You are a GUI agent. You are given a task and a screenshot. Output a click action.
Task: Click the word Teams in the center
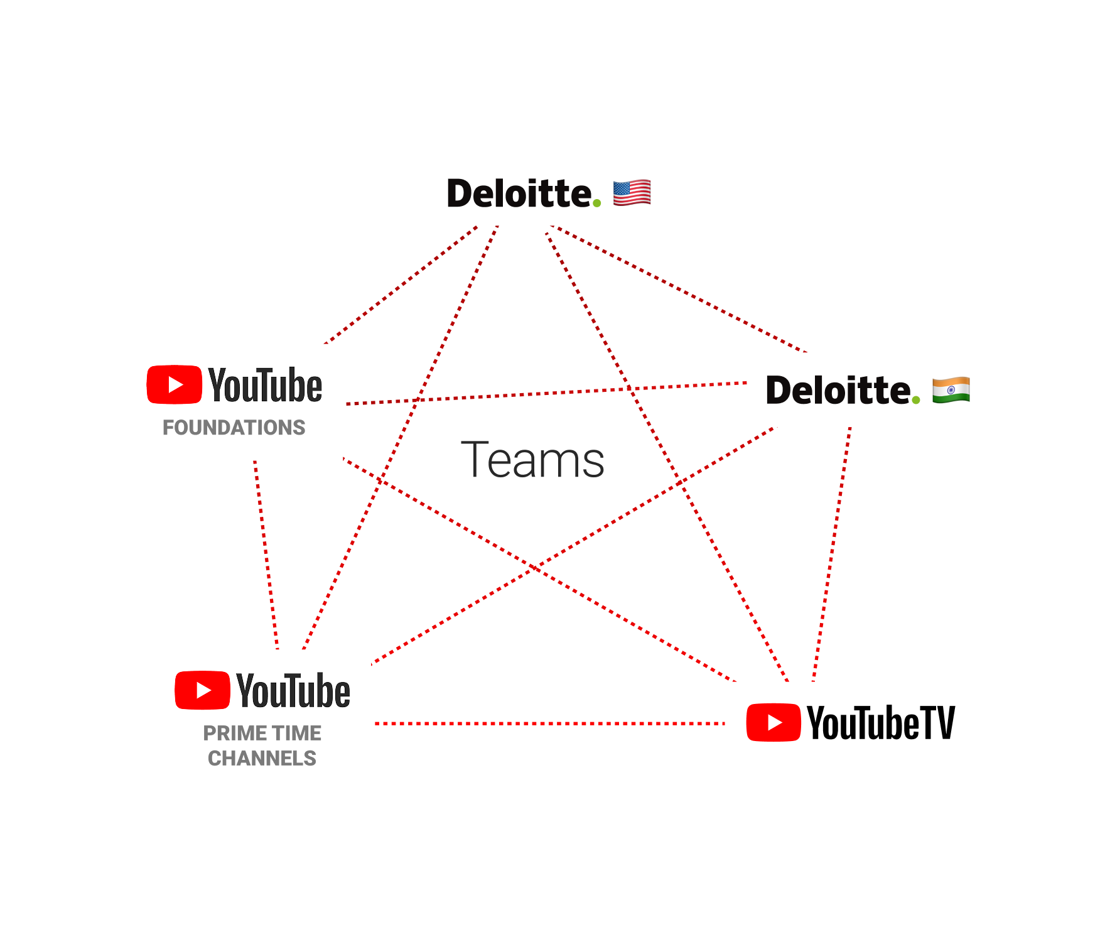pyautogui.click(x=532, y=460)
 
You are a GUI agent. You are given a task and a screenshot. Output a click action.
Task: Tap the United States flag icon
pyautogui.click(x=632, y=193)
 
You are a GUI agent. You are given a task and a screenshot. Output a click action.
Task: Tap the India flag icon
pyautogui.click(x=951, y=390)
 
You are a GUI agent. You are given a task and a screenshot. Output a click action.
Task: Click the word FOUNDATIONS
pyautogui.click(x=234, y=428)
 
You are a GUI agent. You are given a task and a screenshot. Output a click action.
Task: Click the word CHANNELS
pyautogui.click(x=262, y=759)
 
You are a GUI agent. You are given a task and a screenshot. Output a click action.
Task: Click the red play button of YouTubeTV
pyautogui.click(x=773, y=722)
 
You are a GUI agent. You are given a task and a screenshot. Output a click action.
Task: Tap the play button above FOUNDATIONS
pyautogui.click(x=174, y=384)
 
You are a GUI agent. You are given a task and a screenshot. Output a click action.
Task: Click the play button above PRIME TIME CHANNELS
pyautogui.click(x=202, y=690)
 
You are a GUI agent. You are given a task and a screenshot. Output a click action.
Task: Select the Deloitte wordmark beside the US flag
pyautogui.click(x=518, y=193)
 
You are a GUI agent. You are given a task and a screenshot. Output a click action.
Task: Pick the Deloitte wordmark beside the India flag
pyautogui.click(x=838, y=391)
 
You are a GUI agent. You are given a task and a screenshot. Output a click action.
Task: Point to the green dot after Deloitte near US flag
pyautogui.click(x=596, y=203)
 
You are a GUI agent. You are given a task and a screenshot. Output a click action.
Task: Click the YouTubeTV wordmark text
pyautogui.click(x=880, y=723)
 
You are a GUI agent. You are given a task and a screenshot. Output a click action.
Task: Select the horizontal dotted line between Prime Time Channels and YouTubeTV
pyautogui.click(x=549, y=723)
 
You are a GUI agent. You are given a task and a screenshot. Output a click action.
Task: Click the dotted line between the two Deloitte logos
pyautogui.click(x=678, y=289)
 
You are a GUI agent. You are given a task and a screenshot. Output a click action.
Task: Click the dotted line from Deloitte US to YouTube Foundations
pyautogui.click(x=402, y=284)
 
